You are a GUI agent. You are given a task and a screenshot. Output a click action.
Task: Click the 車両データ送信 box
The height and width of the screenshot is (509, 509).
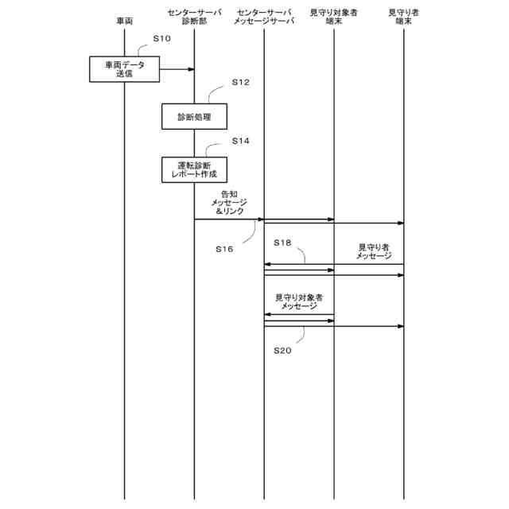[123, 69]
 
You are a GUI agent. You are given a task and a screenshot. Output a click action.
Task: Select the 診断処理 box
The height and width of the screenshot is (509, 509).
[194, 117]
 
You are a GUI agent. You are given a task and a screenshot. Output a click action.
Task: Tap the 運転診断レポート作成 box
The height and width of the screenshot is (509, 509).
[194, 169]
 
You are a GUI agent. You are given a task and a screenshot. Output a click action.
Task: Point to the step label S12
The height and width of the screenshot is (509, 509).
[240, 82]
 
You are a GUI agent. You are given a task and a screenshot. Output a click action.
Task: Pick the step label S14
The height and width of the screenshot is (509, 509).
[240, 141]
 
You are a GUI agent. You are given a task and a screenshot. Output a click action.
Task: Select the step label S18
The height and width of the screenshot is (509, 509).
[282, 242]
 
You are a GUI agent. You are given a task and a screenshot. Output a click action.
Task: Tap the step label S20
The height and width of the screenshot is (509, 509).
[282, 350]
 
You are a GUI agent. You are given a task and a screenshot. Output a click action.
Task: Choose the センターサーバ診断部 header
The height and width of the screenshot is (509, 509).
[194, 17]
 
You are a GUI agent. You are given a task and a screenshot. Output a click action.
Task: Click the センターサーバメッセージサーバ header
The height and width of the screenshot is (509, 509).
[265, 17]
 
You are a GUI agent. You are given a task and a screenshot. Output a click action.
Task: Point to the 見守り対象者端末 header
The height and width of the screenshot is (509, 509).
[333, 17]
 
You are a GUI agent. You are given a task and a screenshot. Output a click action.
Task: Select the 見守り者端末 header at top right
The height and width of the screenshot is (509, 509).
[403, 17]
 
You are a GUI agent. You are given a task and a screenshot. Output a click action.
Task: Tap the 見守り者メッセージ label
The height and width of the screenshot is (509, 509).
[373, 251]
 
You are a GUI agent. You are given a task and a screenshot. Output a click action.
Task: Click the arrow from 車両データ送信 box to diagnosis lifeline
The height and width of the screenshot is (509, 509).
[177, 69]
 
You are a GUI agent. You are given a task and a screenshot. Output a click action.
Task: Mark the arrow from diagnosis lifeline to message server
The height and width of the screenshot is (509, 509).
[229, 219]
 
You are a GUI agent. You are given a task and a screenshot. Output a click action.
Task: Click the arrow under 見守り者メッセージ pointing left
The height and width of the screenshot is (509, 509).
[334, 265]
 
